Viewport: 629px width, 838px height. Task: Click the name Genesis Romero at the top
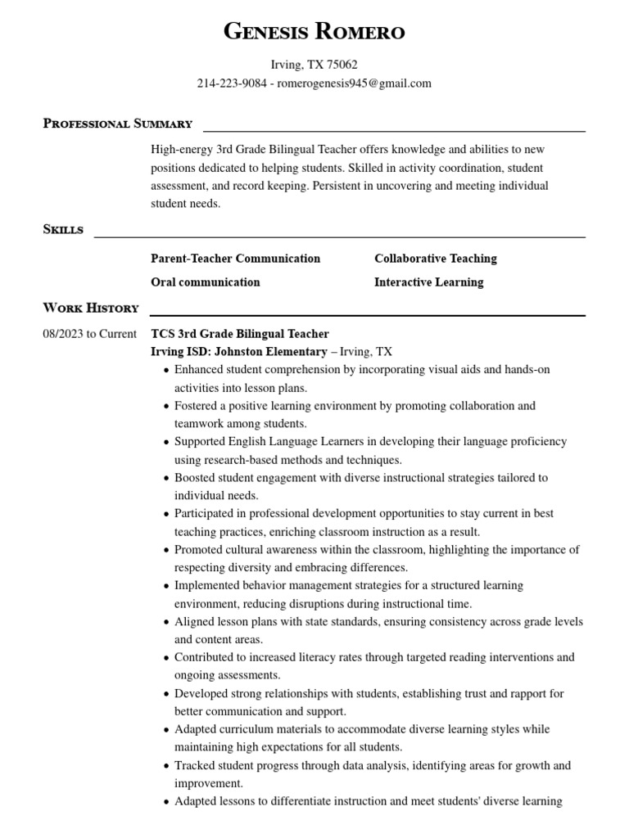point(314,32)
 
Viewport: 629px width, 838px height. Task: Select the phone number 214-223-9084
point(232,83)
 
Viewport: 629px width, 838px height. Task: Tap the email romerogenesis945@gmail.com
point(355,83)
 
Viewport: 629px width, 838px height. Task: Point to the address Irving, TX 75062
point(314,65)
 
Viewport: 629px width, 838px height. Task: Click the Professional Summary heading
point(117,124)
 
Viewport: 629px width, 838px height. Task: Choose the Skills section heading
point(63,230)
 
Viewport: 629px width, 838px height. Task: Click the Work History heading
point(90,309)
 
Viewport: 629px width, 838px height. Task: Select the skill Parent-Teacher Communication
point(235,259)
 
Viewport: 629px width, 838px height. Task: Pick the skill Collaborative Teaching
point(435,259)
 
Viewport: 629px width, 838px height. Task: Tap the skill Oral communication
point(205,282)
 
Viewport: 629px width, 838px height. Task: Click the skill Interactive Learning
point(428,282)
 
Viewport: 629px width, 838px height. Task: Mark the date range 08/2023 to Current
point(89,334)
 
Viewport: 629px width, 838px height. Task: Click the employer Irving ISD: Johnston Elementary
point(238,352)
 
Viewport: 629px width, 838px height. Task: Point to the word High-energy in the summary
point(181,150)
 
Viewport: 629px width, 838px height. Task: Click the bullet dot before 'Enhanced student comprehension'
point(167,371)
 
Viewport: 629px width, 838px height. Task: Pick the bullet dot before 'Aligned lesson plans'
point(167,623)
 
